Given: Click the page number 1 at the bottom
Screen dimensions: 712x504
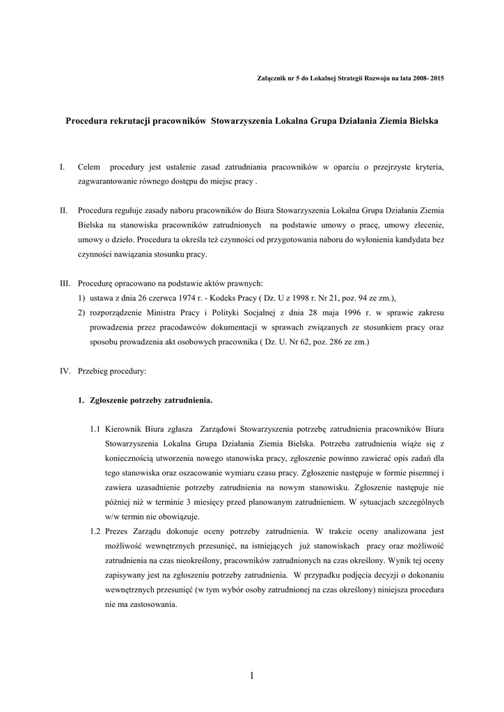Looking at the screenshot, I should coord(251,676).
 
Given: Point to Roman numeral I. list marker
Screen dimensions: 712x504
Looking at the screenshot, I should coord(63,167).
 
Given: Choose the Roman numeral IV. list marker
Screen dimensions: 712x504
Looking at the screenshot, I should coord(65,371).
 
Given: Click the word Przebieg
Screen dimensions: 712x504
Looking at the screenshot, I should coord(95,371).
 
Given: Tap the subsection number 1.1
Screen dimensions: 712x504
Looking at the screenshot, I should coord(95,429).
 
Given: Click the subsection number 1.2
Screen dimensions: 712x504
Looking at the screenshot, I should coord(95,531).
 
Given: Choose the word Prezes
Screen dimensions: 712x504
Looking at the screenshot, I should coord(119,531).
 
